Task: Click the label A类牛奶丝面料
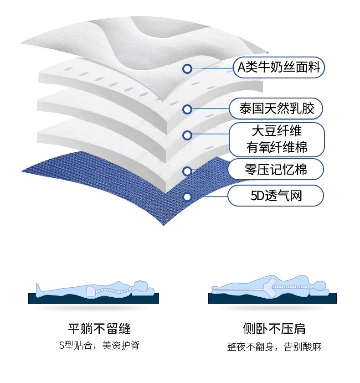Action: pyautogui.click(x=279, y=69)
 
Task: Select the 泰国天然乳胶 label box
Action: pyautogui.click(x=277, y=109)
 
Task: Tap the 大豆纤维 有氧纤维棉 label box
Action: pyautogui.click(x=277, y=139)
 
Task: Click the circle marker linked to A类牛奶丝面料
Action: pyautogui.click(x=186, y=69)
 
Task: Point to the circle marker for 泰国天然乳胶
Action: pyautogui.click(x=187, y=109)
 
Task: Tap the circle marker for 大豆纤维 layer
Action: pyautogui.click(x=187, y=135)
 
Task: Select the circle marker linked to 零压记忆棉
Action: pyautogui.click(x=187, y=171)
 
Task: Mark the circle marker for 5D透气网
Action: pyautogui.click(x=187, y=197)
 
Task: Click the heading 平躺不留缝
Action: pyautogui.click(x=99, y=328)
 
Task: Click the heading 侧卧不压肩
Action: pyautogui.click(x=274, y=328)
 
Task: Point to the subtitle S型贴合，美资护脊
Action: pyautogui.click(x=99, y=346)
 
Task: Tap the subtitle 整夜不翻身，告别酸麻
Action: pyautogui.click(x=274, y=347)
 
